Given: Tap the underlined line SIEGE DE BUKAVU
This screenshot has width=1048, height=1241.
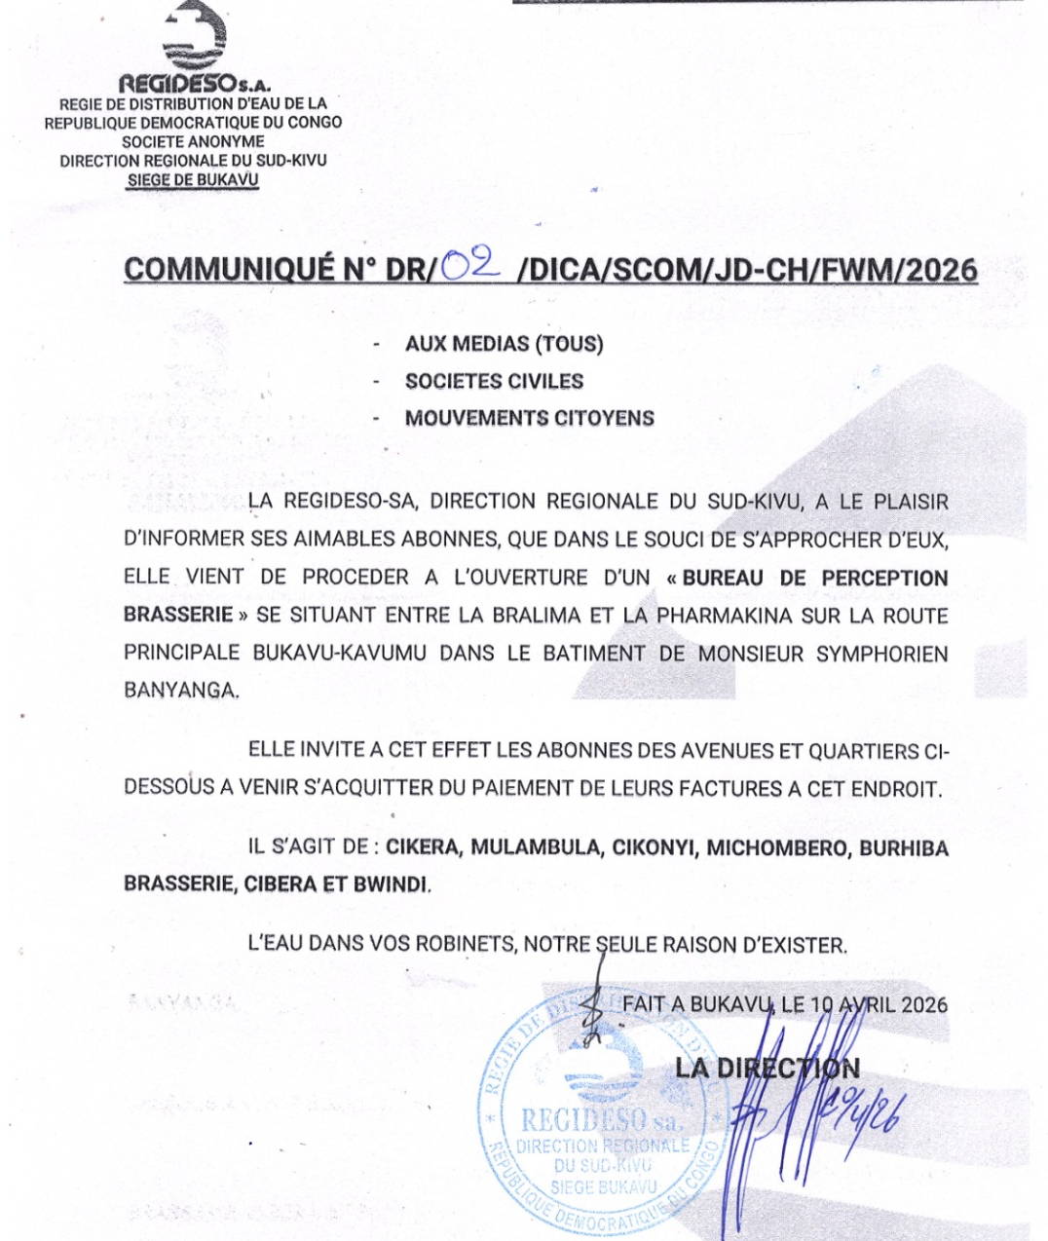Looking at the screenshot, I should [193, 180].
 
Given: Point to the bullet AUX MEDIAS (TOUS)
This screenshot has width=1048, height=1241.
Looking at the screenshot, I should [504, 344].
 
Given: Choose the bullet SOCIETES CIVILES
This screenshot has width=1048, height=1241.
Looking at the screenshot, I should [494, 381].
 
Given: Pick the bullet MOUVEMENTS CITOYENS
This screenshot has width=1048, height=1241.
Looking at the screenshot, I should [529, 418].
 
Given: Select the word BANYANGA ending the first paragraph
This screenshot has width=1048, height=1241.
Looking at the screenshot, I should [180, 691].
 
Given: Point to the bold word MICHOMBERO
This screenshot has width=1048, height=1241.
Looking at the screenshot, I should [776, 847].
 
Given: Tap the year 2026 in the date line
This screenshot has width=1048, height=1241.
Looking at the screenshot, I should [923, 1004].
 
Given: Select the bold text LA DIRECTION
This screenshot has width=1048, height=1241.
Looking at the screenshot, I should [767, 1068].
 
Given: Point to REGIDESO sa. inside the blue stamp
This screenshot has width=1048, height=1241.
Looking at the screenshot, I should [601, 1119].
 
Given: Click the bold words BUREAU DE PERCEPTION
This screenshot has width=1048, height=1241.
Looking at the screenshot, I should [815, 578].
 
